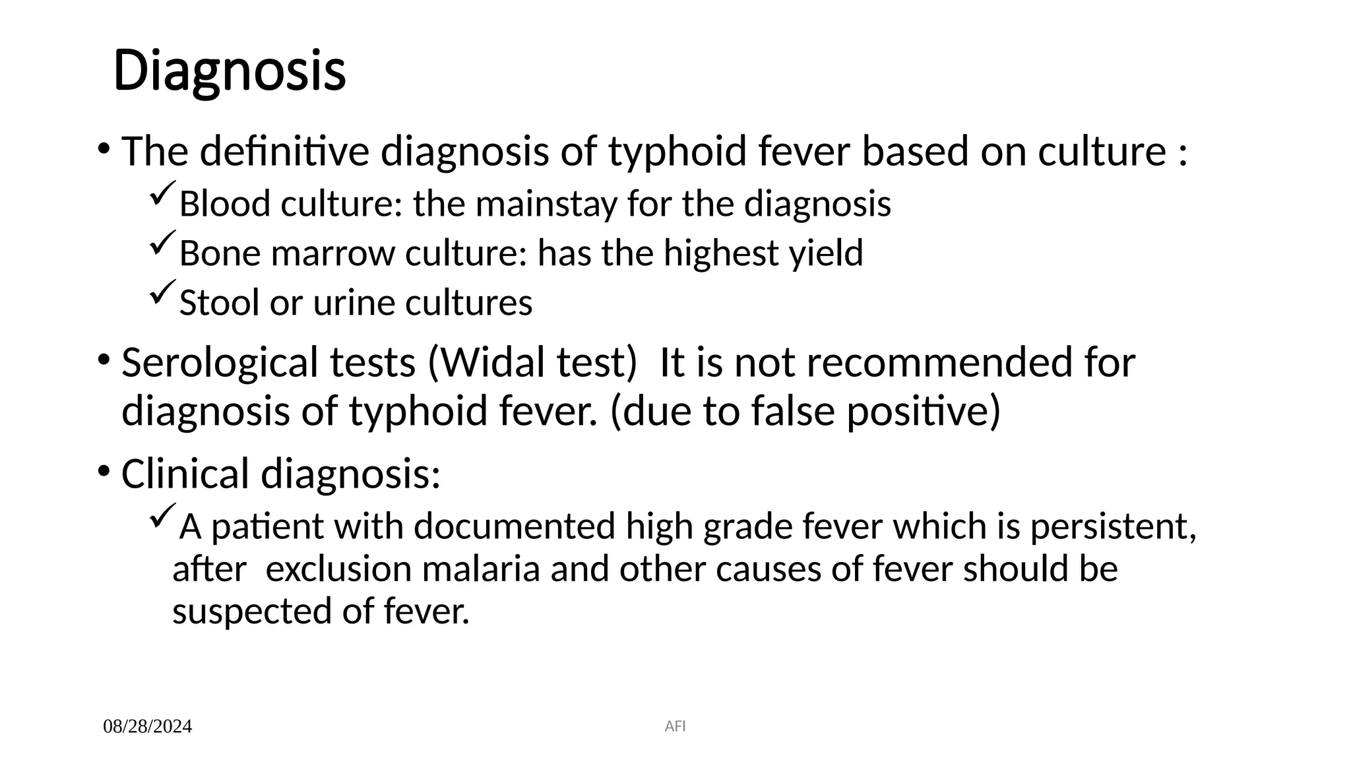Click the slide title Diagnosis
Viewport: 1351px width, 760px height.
(229, 71)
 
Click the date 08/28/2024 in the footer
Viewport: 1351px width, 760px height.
(147, 726)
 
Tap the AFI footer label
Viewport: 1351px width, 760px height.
(675, 726)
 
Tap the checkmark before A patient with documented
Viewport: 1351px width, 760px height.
(162, 515)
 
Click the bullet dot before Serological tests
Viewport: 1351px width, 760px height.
(104, 360)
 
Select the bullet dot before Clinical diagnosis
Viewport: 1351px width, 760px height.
(104, 471)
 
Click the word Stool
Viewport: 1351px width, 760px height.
(218, 303)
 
